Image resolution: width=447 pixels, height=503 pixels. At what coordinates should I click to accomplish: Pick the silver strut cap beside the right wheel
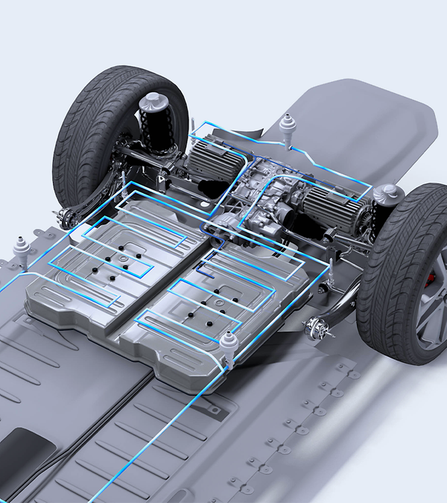coord(388,195)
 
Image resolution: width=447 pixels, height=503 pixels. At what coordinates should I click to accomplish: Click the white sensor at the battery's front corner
coord(229,344)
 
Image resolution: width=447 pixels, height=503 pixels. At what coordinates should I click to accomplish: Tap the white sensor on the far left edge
coord(20,247)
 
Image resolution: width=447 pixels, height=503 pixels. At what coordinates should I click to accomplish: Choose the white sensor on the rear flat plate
coord(288,125)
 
